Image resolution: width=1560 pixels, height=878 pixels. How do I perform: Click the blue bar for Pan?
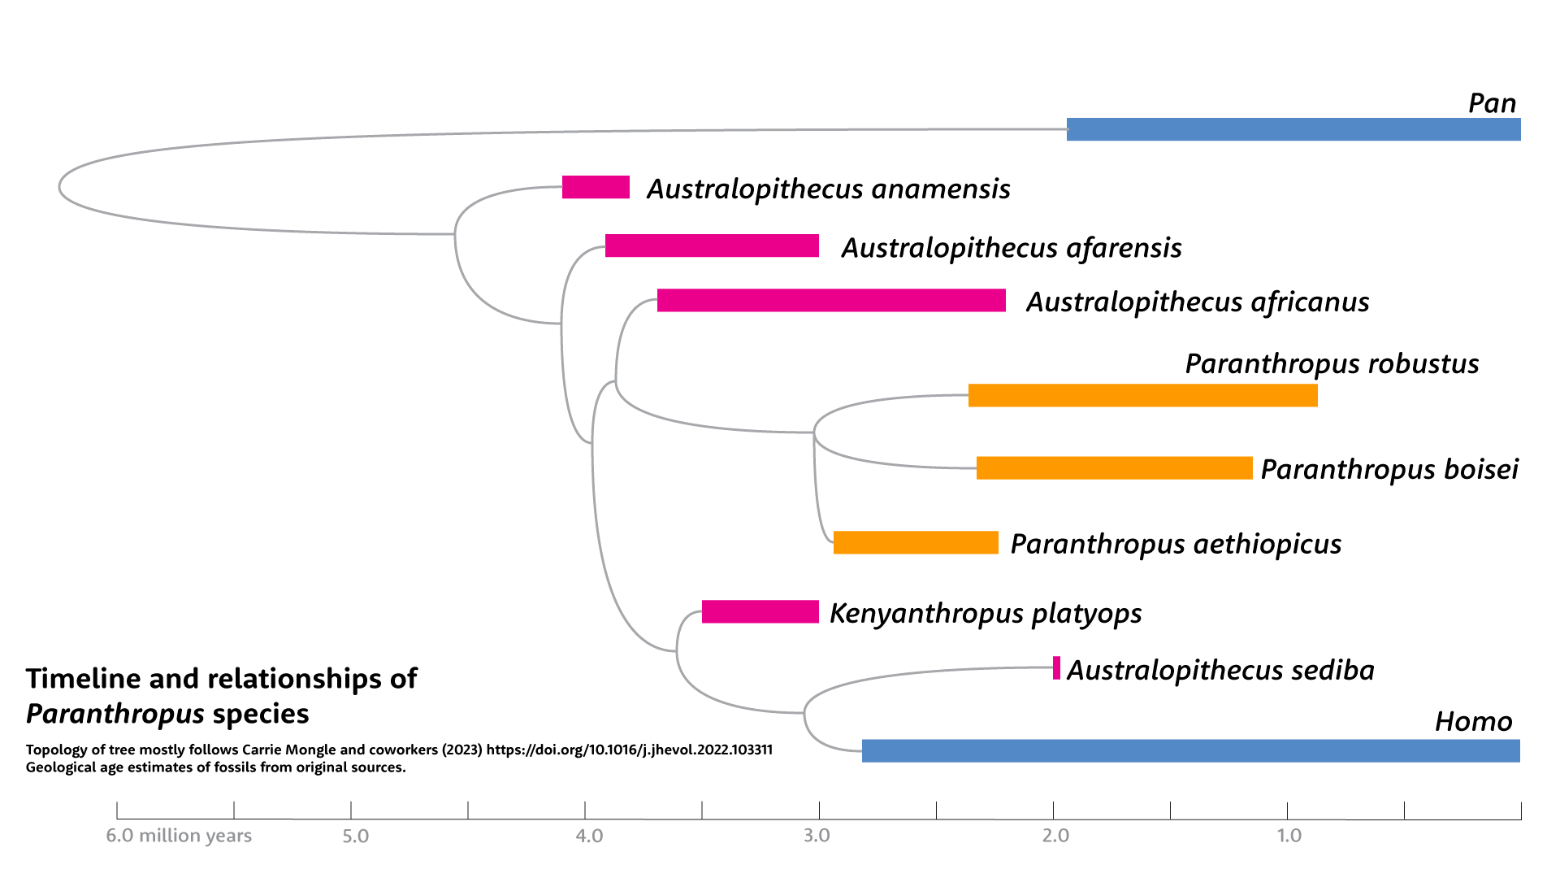tap(1293, 129)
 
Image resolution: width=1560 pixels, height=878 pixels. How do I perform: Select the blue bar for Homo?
tap(1190, 750)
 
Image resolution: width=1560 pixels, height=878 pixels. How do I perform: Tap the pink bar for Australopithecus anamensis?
tap(596, 187)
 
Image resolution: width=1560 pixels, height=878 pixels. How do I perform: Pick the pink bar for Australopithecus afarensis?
tap(712, 246)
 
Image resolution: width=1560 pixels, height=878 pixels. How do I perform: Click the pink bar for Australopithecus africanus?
tap(831, 300)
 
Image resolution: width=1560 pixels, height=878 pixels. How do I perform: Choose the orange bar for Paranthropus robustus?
tap(1142, 395)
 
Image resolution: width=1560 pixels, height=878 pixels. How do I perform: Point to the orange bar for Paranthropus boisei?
tap(1114, 467)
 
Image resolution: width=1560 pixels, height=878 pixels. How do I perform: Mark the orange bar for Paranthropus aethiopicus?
tap(916, 542)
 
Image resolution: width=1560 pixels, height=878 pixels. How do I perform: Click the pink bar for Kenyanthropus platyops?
tap(760, 611)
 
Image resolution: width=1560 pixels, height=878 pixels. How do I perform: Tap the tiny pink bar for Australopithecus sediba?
tap(1056, 667)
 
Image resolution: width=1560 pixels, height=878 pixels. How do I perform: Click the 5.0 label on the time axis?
tap(355, 836)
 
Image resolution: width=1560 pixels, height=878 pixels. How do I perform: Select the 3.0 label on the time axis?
tap(817, 836)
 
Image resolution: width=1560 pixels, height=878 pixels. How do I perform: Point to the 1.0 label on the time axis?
tap(1289, 836)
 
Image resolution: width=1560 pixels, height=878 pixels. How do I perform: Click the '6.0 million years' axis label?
tap(179, 836)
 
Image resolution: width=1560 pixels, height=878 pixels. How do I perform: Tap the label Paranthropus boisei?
tap(1389, 469)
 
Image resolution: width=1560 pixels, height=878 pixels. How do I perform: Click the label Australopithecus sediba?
tap(1220, 670)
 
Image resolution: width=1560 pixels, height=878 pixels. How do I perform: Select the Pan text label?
tap(1492, 103)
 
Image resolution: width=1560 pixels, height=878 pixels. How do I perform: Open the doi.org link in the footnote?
tap(629, 750)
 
